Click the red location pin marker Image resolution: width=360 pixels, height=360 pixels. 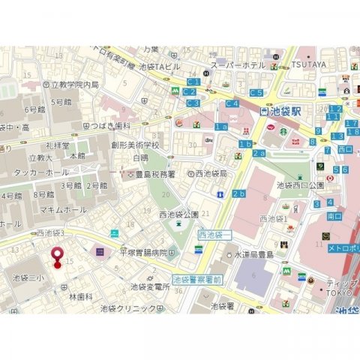[x=56, y=256]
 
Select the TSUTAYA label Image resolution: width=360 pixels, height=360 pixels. [x=309, y=64]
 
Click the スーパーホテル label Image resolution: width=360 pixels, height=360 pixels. [x=237, y=66]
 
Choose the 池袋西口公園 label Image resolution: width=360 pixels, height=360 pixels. [x=300, y=184]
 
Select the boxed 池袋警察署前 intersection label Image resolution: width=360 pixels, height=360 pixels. [x=197, y=279]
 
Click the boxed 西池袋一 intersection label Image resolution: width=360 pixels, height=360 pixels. [x=215, y=235]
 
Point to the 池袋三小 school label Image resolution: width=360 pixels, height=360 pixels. [x=31, y=277]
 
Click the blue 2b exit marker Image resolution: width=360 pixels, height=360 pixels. [x=238, y=194]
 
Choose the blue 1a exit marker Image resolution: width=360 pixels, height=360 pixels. [x=221, y=127]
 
